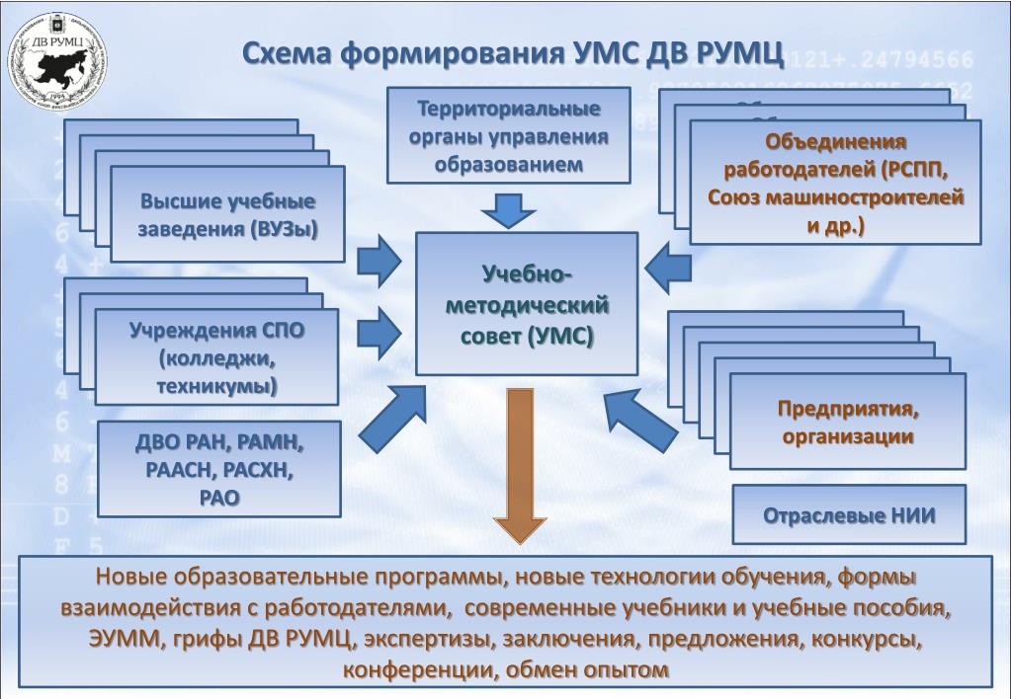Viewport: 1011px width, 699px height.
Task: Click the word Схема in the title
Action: pyautogui.click(x=287, y=55)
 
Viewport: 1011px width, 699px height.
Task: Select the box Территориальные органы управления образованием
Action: pyautogui.click(x=508, y=135)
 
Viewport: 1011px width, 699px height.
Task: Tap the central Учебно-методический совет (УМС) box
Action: pyautogui.click(x=527, y=304)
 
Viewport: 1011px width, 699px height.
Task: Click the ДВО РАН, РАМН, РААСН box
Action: pyautogui.click(x=219, y=469)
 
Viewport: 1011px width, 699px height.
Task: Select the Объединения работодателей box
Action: pyautogui.click(x=835, y=183)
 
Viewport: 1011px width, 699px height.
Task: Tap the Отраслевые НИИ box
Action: pyautogui.click(x=849, y=515)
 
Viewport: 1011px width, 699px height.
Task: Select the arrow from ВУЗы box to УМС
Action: pyautogui.click(x=379, y=260)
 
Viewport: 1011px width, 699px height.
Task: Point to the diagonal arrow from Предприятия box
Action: pyautogui.click(x=642, y=419)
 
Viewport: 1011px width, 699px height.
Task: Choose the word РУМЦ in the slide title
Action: pyautogui.click(x=730, y=55)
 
